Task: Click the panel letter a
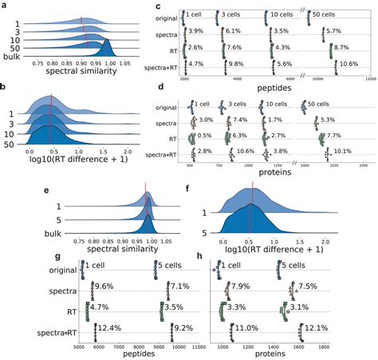tap(5, 6)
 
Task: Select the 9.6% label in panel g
tap(107, 286)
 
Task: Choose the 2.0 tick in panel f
tap(325, 240)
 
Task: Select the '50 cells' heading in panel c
tap(335, 14)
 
